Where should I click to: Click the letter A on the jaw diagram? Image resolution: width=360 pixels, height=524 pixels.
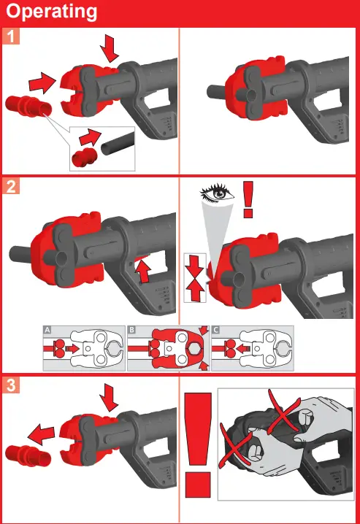(x=47, y=331)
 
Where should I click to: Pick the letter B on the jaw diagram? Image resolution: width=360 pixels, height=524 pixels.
(x=132, y=331)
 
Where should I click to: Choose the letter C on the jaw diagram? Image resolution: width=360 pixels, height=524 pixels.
(x=215, y=331)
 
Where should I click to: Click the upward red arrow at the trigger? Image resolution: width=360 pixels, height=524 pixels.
(x=143, y=272)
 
